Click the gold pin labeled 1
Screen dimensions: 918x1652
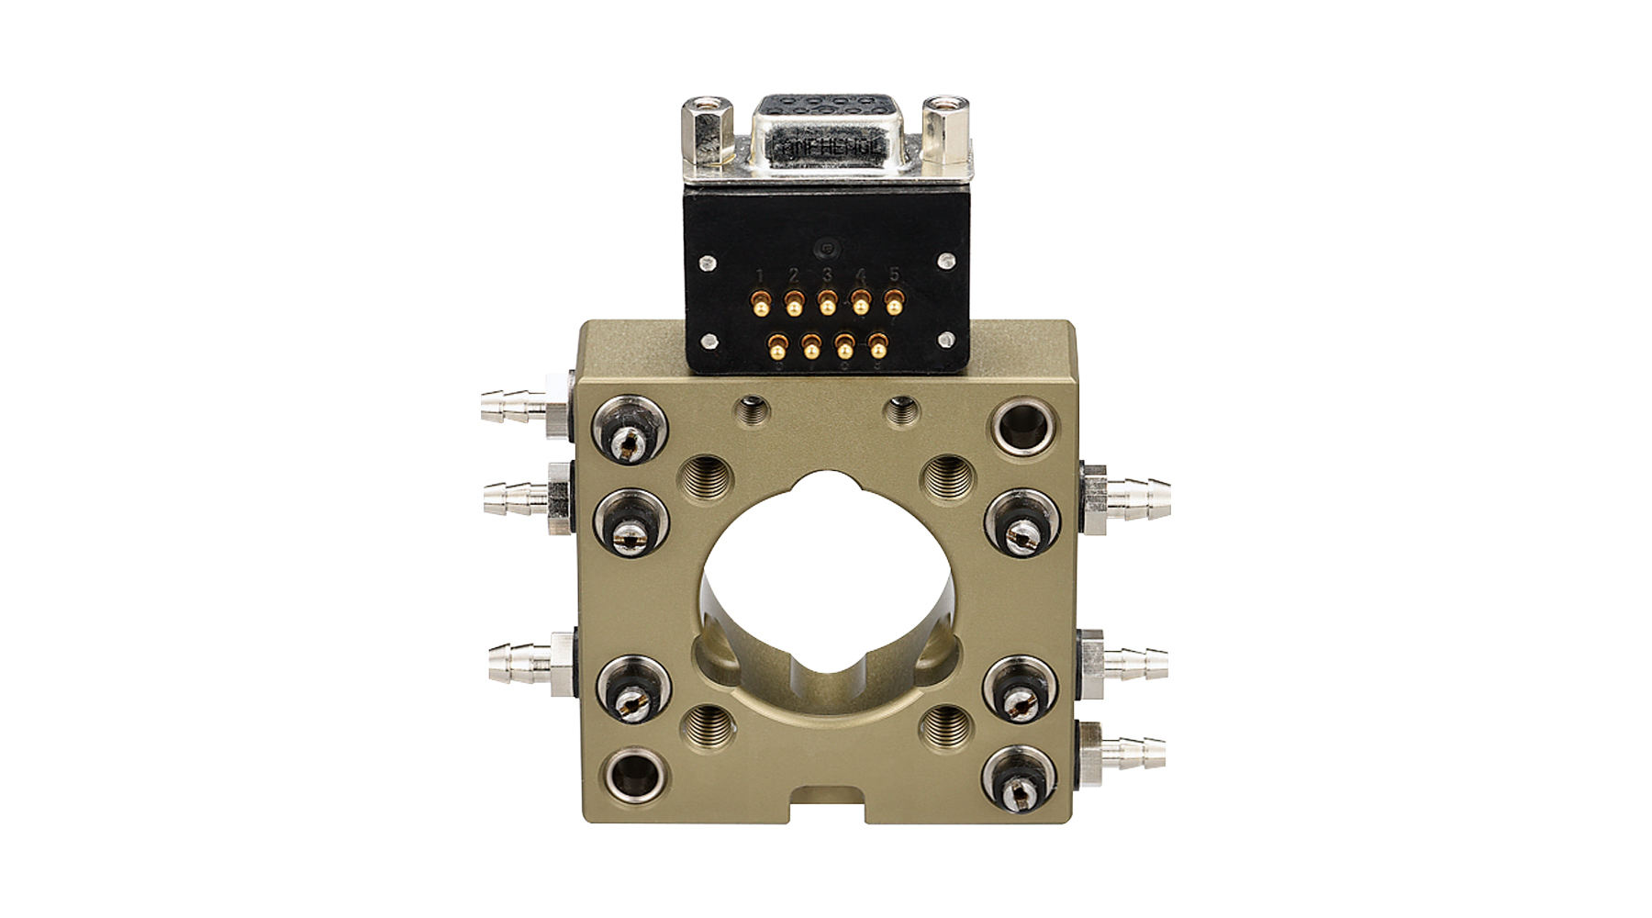[760, 302]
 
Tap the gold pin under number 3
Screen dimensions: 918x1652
[827, 302]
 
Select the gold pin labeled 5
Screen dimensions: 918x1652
[893, 302]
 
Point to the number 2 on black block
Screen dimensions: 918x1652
[793, 274]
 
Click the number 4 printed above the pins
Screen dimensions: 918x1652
[861, 274]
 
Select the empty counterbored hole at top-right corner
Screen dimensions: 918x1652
[1021, 428]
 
